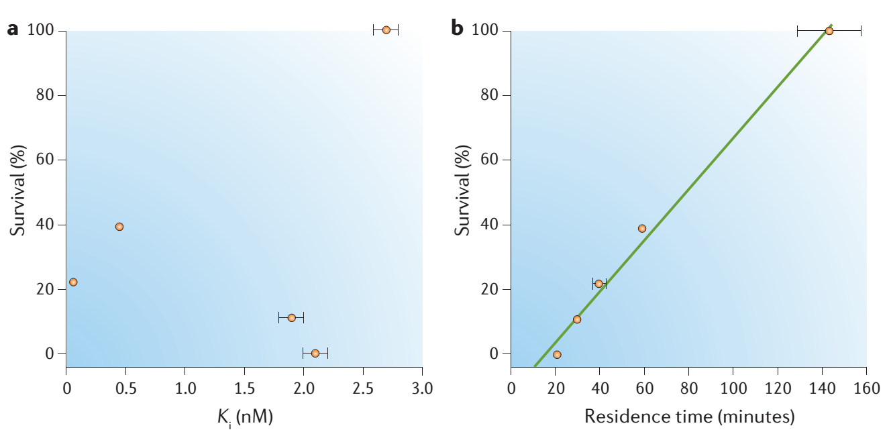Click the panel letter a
coord(13,30)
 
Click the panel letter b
coord(457,30)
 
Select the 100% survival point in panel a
coord(386,30)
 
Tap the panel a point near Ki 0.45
coord(119,227)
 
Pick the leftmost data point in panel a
coord(73,282)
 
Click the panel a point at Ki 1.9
coord(291,317)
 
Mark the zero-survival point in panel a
coord(315,353)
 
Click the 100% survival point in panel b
coord(829,31)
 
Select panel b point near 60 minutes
coord(642,229)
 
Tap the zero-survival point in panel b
coord(557,354)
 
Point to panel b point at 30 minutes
coord(577,319)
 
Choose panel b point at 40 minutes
coord(598,284)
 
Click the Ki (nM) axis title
coord(245,417)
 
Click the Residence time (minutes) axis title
coord(689,417)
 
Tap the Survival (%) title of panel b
coord(462,193)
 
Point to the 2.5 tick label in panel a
coord(362,389)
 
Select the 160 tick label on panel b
coord(866,389)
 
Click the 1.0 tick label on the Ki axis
coord(185,389)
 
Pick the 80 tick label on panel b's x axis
coord(688,389)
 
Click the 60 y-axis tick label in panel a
coord(46,160)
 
